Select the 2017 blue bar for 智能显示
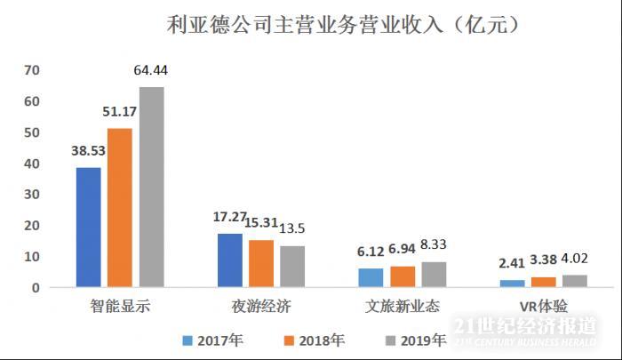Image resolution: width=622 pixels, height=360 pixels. point(89,228)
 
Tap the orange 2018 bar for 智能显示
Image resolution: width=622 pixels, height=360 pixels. point(120,208)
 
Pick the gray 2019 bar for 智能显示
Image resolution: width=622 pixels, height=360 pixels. point(151,188)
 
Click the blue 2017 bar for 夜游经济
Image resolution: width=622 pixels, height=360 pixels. point(230,260)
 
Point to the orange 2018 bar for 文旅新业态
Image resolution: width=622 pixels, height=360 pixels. point(403,276)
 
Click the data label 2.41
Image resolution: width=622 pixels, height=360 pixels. point(514,263)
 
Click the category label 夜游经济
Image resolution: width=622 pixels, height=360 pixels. point(261,307)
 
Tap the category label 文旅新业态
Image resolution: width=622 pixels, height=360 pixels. point(403,307)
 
